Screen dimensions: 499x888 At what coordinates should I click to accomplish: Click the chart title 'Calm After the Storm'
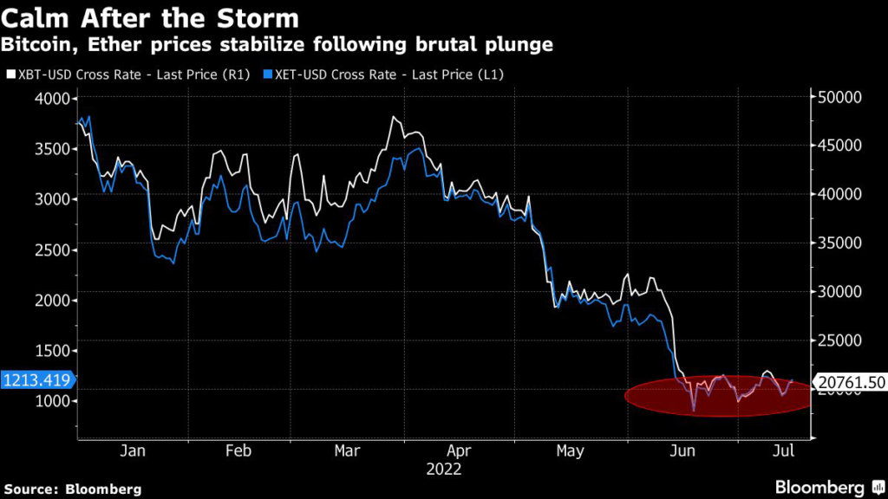pos(151,18)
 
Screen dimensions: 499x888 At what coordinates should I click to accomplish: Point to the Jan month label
pos(132,451)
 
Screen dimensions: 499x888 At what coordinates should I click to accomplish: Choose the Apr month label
pos(459,451)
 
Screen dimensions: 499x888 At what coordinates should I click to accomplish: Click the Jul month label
pos(784,451)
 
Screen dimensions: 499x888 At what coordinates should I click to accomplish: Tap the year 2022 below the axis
pos(444,470)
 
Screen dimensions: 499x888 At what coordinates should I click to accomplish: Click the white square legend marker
pos(10,75)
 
